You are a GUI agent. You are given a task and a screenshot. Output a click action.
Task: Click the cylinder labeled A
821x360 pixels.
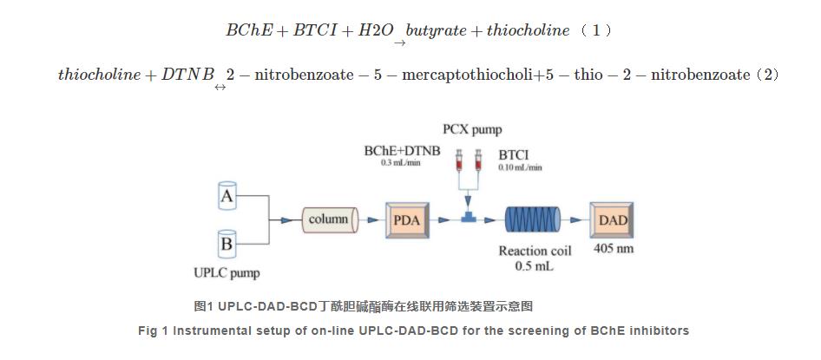tap(227, 196)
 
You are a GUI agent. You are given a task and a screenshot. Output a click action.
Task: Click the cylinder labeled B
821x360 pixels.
tap(227, 244)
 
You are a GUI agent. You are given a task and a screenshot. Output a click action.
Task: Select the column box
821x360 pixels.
tap(328, 219)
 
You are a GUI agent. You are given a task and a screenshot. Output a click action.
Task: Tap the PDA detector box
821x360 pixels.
tap(406, 220)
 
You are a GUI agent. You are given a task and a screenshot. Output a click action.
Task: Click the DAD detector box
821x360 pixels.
tap(613, 220)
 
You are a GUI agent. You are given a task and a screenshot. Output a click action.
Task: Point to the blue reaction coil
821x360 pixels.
tap(532, 220)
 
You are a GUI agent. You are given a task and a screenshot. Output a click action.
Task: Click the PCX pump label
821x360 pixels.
tap(471, 130)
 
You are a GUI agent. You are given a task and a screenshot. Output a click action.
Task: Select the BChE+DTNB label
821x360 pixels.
tap(402, 151)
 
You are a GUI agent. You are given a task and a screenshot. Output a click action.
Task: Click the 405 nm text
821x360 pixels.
tap(613, 249)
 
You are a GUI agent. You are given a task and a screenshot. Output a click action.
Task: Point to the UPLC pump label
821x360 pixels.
tap(227, 273)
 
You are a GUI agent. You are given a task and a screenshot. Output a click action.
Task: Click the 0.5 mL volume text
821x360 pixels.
tap(534, 266)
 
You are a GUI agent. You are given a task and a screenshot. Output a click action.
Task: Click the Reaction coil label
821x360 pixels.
tap(534, 251)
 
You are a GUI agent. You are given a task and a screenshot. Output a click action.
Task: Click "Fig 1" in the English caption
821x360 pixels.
tap(154, 331)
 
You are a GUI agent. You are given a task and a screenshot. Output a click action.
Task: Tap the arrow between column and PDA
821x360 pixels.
tap(371, 220)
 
